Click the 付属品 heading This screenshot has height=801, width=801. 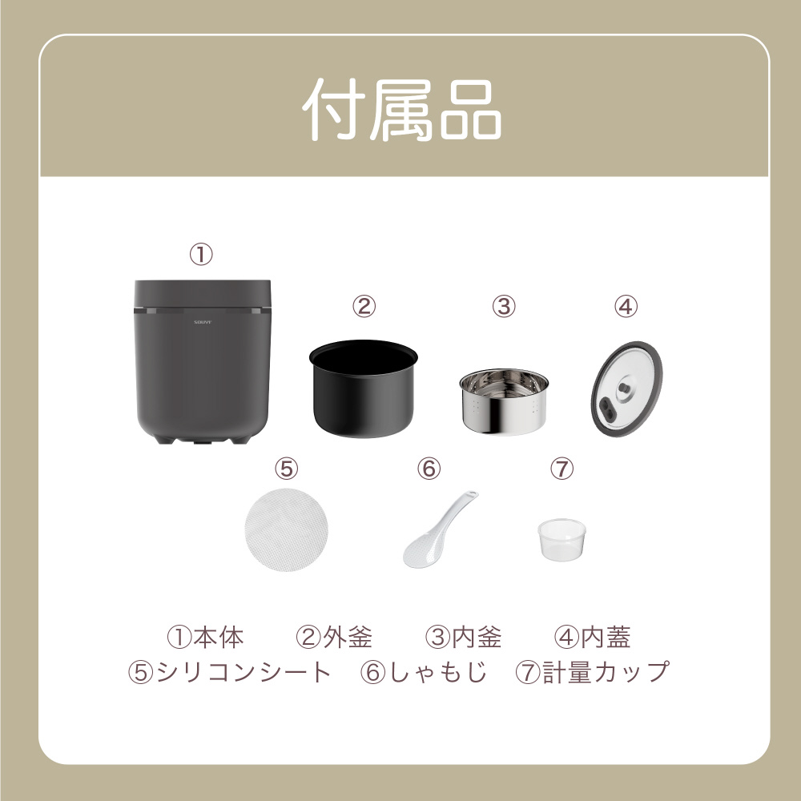tap(401, 111)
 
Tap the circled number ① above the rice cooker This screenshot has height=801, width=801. tap(201, 255)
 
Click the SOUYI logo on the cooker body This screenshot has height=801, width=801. tap(203, 322)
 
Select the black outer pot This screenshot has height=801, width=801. tap(363, 388)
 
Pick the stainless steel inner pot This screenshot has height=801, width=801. tap(504, 401)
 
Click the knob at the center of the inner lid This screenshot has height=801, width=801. tap(624, 388)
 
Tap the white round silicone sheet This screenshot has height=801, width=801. tap(286, 529)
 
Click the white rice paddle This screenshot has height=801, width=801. tap(440, 529)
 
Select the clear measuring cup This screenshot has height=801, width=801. tap(562, 539)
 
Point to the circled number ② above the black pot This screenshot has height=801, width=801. tap(364, 307)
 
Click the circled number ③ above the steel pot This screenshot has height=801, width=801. tap(504, 307)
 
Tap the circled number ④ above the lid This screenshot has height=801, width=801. tap(626, 307)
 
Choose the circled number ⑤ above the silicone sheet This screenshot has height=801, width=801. tap(286, 468)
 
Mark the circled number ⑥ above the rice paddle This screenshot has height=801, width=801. tap(429, 468)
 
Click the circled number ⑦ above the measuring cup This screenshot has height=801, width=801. tap(562, 468)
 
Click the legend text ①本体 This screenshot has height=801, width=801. tap(205, 637)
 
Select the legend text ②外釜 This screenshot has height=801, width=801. tap(334, 637)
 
